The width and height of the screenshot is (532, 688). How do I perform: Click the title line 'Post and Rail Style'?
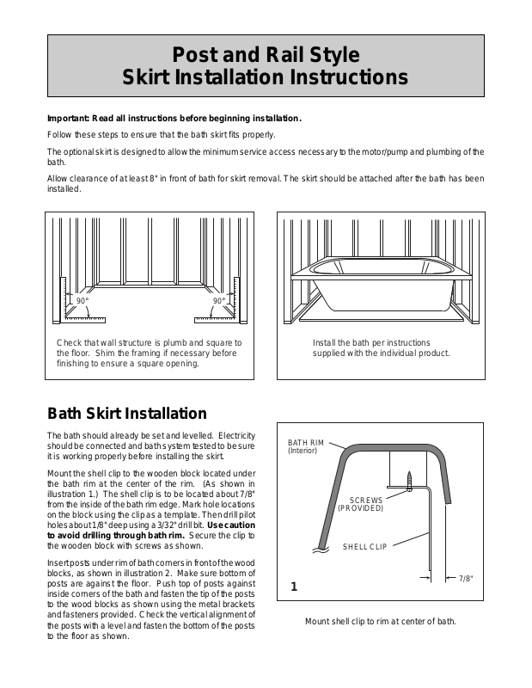[266, 56]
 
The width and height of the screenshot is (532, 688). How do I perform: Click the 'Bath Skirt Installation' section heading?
[126, 414]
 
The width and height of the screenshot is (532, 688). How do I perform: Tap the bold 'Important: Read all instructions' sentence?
[174, 119]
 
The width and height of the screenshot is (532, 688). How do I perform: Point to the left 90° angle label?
[83, 301]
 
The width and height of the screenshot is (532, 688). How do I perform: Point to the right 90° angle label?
[218, 301]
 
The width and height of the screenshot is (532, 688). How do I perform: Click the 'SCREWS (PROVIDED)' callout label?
[360, 503]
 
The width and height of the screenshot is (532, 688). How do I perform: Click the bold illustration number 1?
[294, 588]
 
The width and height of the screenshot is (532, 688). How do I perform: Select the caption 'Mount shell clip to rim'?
[380, 621]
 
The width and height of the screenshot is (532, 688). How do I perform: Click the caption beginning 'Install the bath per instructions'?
[381, 347]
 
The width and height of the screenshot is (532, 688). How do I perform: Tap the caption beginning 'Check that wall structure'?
[149, 353]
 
